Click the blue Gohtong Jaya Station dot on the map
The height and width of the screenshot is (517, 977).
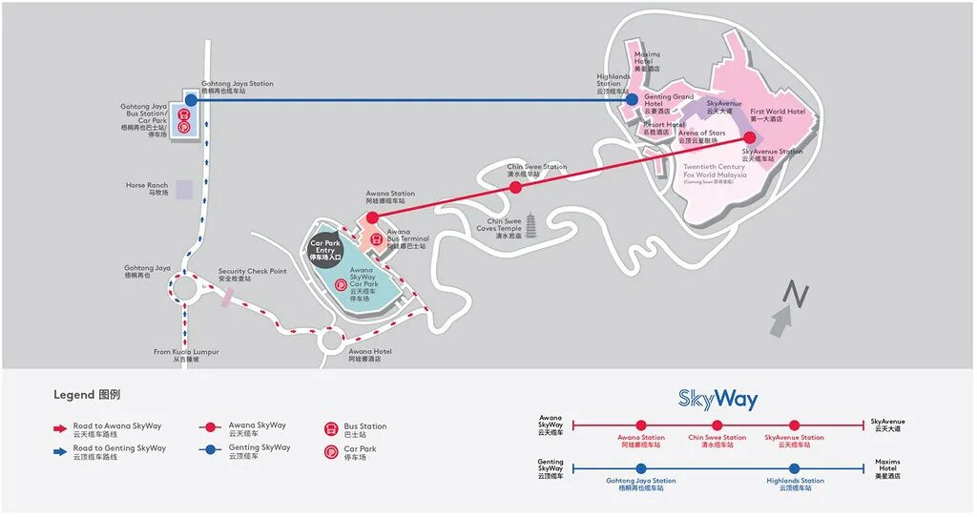click(191, 99)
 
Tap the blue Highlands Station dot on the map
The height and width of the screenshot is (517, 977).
click(631, 99)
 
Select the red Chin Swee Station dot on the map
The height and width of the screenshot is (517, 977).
click(515, 188)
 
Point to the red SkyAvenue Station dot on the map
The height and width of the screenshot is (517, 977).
click(749, 136)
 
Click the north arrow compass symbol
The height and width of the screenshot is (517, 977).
click(790, 307)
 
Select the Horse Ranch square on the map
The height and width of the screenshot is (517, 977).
click(183, 189)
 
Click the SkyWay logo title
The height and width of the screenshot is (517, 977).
click(717, 399)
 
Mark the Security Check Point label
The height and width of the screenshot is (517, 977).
click(252, 275)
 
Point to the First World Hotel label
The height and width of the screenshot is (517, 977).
click(777, 114)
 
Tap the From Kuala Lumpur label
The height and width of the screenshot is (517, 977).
click(186, 355)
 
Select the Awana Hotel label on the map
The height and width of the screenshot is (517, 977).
click(369, 355)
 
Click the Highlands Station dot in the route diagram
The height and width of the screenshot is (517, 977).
click(794, 468)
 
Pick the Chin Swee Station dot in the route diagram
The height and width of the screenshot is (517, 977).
click(717, 424)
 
